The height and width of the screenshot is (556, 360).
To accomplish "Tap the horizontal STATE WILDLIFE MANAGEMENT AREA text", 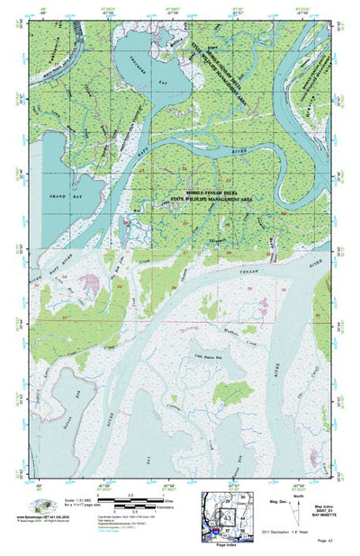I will point(207,197).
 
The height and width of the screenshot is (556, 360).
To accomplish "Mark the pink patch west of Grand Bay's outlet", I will point(87,284).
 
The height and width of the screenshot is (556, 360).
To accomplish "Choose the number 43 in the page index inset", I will point(228,519).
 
